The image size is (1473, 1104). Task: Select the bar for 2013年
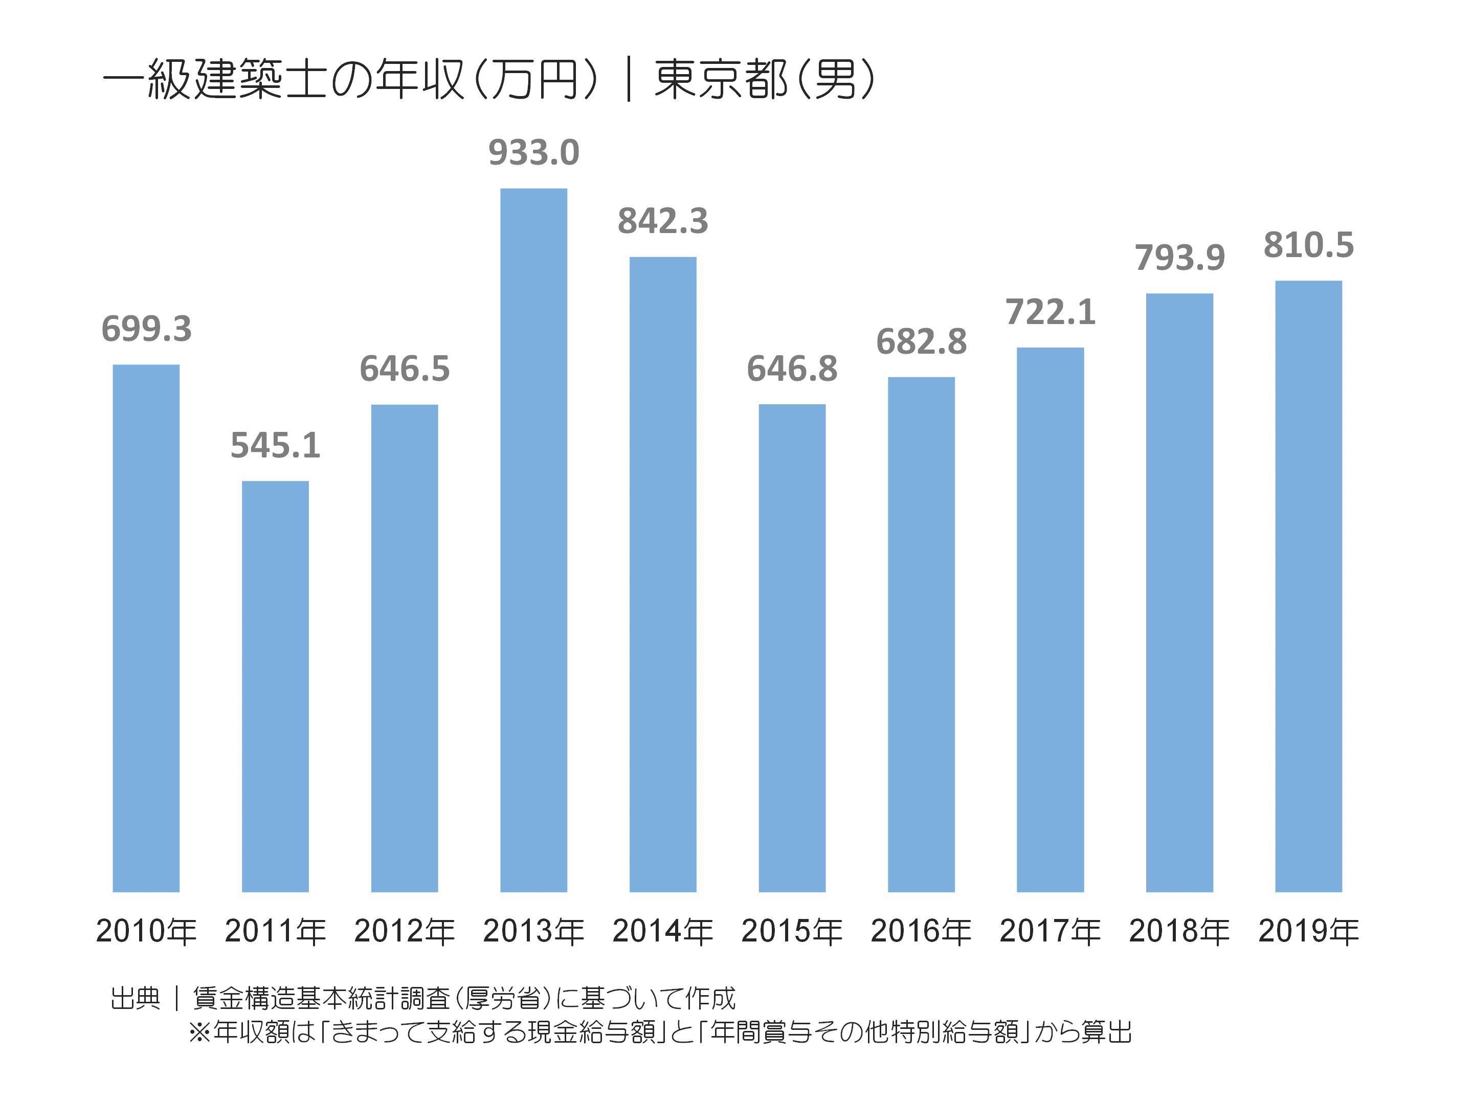tap(533, 539)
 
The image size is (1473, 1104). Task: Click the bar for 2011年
tap(275, 685)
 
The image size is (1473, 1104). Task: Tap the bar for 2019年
tap(1308, 586)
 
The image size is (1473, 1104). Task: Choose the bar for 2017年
tap(1050, 619)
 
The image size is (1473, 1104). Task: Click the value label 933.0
tap(533, 152)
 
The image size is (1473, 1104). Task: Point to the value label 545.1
tap(275, 445)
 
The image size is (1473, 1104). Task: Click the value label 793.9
tap(1179, 258)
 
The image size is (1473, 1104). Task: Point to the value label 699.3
tap(146, 329)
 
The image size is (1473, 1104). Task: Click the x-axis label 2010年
tap(146, 931)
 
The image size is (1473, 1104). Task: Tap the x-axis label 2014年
tap(662, 931)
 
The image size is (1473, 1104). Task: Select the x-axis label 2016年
tap(921, 931)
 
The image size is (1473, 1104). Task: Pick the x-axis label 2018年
tap(1179, 931)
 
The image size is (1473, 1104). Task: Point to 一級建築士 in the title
tap(213, 80)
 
